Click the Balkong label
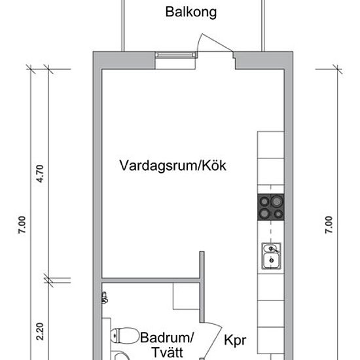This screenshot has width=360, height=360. pos(191,12)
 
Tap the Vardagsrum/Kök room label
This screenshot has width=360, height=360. pos(173,166)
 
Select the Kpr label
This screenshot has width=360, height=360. pos(235,341)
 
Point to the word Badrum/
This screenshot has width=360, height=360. pos(168,338)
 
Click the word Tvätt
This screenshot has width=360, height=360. pos(168,354)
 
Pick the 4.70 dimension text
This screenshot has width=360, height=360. pos(40,173)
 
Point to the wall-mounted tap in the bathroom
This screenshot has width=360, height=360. pos(105,297)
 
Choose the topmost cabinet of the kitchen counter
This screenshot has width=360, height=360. pos(270,143)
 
